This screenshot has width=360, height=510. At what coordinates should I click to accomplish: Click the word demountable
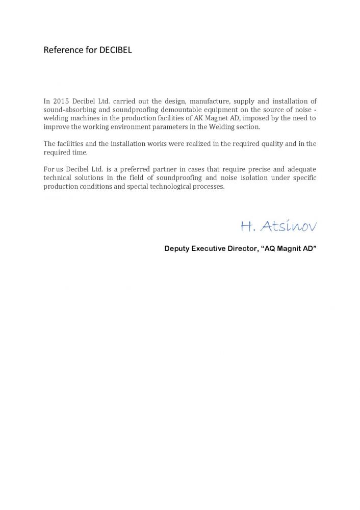[183, 110]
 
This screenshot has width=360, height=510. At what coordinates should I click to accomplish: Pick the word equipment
[225, 110]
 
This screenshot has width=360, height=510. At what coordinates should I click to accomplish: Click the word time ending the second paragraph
[81, 152]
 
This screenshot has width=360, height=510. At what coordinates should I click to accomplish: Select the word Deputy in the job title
[176, 249]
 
